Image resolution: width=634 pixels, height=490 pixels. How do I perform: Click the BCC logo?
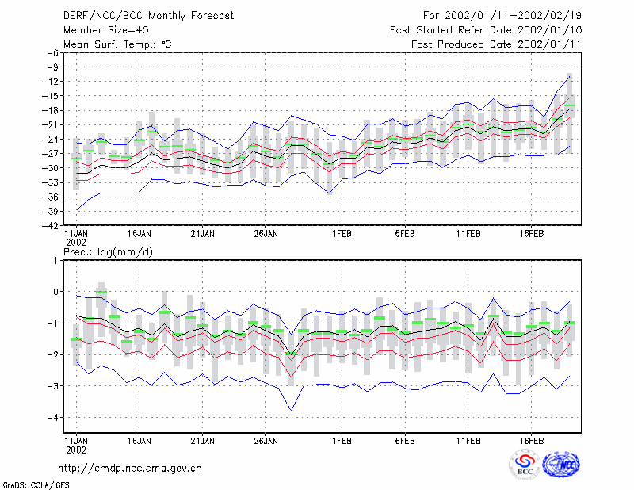(x=525, y=465)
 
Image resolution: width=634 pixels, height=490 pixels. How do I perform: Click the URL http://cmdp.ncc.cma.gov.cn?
(x=130, y=469)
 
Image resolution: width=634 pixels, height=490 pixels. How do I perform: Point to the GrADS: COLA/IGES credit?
(x=36, y=485)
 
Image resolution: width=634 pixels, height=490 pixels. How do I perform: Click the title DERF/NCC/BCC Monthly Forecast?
(x=148, y=16)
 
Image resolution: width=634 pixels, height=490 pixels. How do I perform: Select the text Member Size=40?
(x=106, y=30)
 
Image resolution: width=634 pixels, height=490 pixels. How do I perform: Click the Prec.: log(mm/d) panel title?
(x=108, y=252)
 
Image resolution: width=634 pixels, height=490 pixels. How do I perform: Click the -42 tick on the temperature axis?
(x=51, y=226)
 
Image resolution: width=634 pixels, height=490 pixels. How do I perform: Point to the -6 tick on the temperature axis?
(x=53, y=52)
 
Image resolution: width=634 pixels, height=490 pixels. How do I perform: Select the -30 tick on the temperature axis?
(x=51, y=168)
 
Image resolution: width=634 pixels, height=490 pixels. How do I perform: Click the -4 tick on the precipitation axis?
(x=53, y=418)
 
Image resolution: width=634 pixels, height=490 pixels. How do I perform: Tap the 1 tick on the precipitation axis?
(x=55, y=260)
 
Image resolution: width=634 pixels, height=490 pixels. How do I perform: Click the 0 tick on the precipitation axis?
(x=55, y=292)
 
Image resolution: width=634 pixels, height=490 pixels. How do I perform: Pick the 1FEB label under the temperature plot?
(x=342, y=234)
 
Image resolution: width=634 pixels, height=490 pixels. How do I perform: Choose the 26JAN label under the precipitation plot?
(x=265, y=441)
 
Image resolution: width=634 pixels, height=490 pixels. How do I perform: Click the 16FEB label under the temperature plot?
(x=531, y=234)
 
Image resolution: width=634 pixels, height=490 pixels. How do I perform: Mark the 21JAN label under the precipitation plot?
(x=203, y=441)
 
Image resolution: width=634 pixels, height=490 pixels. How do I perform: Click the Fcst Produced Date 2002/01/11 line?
(x=496, y=44)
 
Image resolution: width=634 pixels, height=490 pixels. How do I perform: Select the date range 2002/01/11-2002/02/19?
(x=513, y=16)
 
